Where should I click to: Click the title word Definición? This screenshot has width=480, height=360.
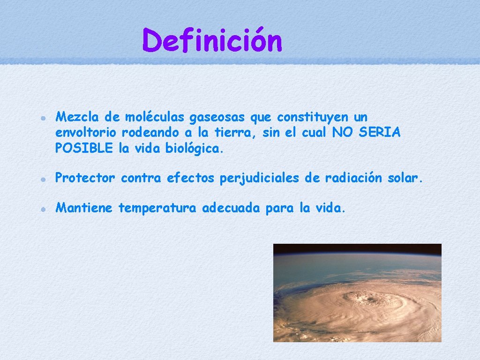212,41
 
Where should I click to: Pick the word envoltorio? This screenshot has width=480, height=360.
85,133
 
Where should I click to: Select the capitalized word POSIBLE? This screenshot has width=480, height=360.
84,149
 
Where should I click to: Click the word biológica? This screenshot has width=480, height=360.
195,149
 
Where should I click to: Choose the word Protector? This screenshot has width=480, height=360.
85,178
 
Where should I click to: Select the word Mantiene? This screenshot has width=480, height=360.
84,208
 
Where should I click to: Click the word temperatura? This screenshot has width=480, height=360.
157,208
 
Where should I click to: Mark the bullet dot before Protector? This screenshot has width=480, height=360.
42,179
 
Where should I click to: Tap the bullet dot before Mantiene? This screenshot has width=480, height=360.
42,209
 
